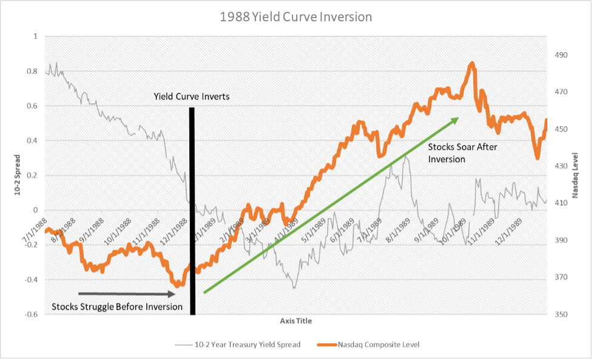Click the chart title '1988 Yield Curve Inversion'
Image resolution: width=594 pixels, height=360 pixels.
[x=297, y=17]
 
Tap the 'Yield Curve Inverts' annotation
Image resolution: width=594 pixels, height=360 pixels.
[x=192, y=97]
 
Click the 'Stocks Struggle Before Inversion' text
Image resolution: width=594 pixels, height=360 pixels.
[x=117, y=307]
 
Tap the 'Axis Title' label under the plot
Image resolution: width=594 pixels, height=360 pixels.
[x=296, y=321]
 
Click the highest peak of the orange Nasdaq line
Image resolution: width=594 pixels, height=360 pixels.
[x=471, y=64]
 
